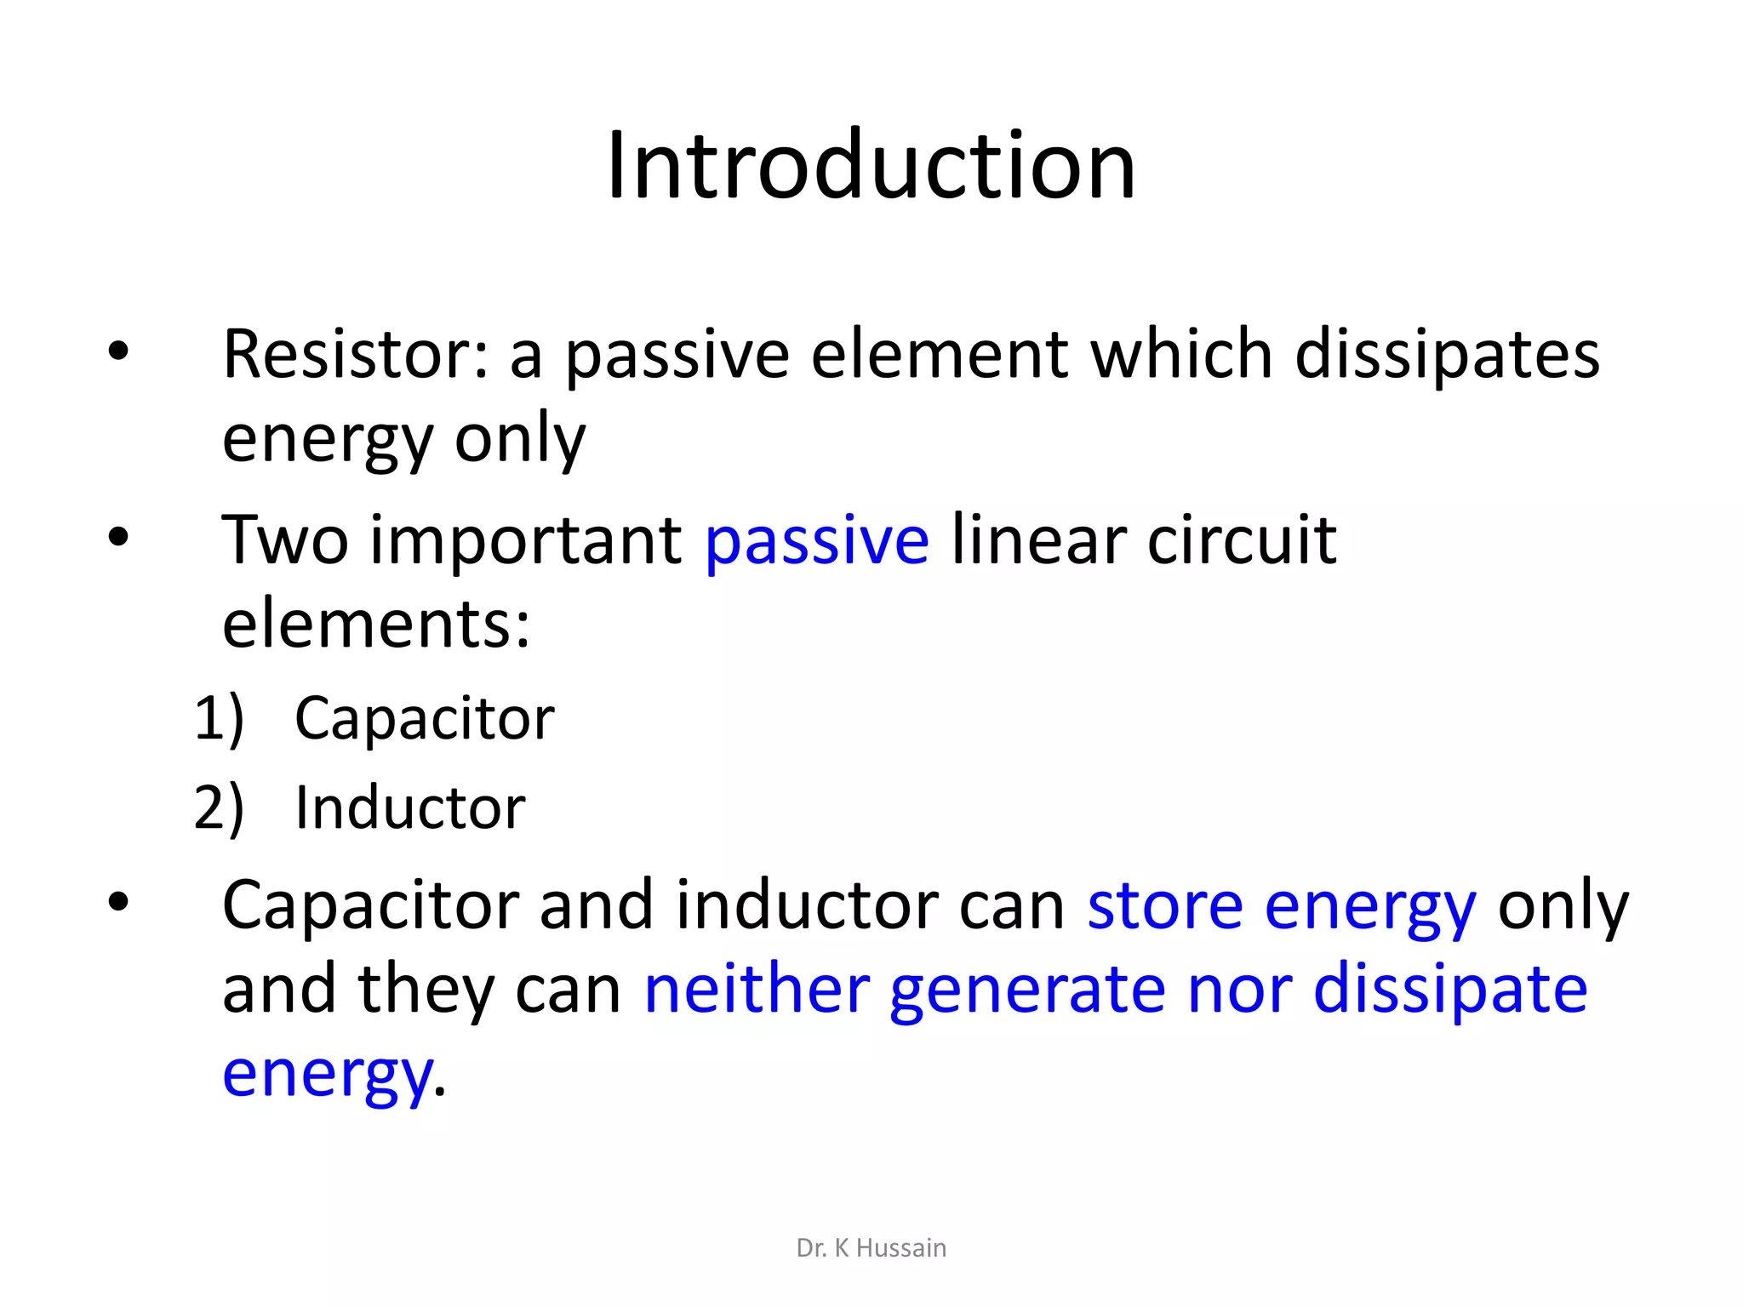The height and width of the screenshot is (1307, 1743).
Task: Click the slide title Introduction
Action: tap(871, 165)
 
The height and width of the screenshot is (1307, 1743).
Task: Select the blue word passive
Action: tap(817, 541)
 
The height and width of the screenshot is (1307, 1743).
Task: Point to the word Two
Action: tap(285, 541)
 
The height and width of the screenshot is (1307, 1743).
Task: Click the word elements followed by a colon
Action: tap(375, 625)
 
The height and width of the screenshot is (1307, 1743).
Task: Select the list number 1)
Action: tap(219, 719)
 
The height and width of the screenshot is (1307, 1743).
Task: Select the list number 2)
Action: tap(219, 808)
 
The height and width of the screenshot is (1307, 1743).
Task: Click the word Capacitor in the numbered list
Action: tap(424, 719)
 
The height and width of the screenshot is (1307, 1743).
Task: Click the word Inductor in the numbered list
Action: tap(409, 808)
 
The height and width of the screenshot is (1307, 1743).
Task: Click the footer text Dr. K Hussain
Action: tap(871, 1248)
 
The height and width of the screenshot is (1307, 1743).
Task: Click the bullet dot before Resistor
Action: tap(118, 351)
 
